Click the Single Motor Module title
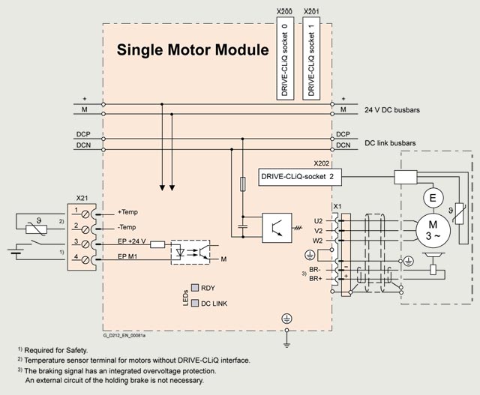pos(193,50)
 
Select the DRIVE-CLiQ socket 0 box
pos(285,58)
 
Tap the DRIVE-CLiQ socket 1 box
pos(311,58)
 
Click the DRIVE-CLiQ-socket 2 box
pos(300,177)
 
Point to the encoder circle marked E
pos(433,198)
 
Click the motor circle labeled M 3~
pos(433,230)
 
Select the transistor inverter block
pos(277,228)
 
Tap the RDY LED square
pos(195,288)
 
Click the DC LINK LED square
pos(195,303)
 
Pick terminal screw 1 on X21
pos(85,214)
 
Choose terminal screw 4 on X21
pos(85,260)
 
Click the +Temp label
pos(127,212)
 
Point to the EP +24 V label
pos(132,241)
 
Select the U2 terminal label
pos(318,221)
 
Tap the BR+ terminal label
pos(315,279)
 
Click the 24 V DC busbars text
pos(392,110)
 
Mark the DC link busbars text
pos(390,143)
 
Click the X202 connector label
pos(322,163)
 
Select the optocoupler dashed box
pos(190,252)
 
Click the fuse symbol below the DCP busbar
pos(243,184)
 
